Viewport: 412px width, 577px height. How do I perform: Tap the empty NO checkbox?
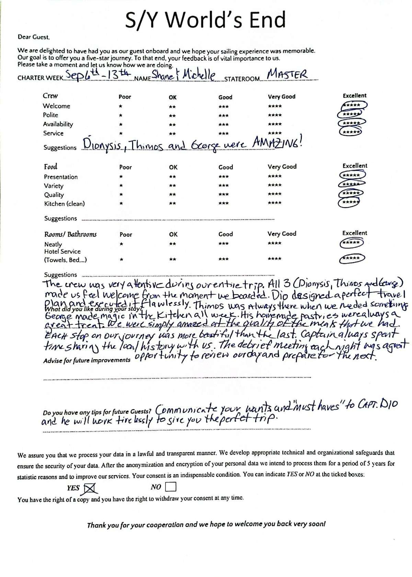[x=170, y=487]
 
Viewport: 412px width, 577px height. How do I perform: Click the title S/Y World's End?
[x=205, y=20]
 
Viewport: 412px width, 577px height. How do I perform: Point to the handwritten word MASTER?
[x=287, y=74]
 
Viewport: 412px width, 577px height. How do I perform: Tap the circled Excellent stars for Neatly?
[x=351, y=243]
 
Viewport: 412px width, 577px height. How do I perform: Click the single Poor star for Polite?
[x=121, y=116]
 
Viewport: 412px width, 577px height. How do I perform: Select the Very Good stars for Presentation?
[x=275, y=177]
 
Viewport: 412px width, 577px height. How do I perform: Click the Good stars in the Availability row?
[x=224, y=124]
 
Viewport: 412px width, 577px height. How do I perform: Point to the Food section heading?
[x=50, y=167]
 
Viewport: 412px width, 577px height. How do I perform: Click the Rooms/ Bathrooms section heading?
[x=70, y=235]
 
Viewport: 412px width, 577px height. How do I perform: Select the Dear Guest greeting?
[x=34, y=37]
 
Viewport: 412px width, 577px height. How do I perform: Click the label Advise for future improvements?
[x=87, y=360]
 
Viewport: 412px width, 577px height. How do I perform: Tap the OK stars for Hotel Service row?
[x=173, y=260]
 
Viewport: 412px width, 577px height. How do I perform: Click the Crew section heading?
[x=50, y=96]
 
